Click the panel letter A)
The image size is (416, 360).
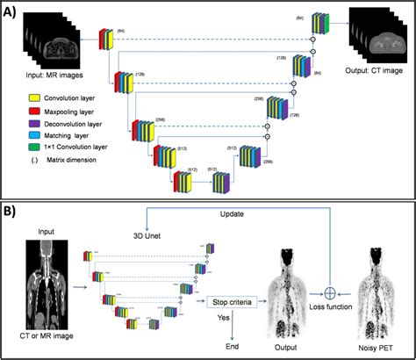point(13,11)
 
